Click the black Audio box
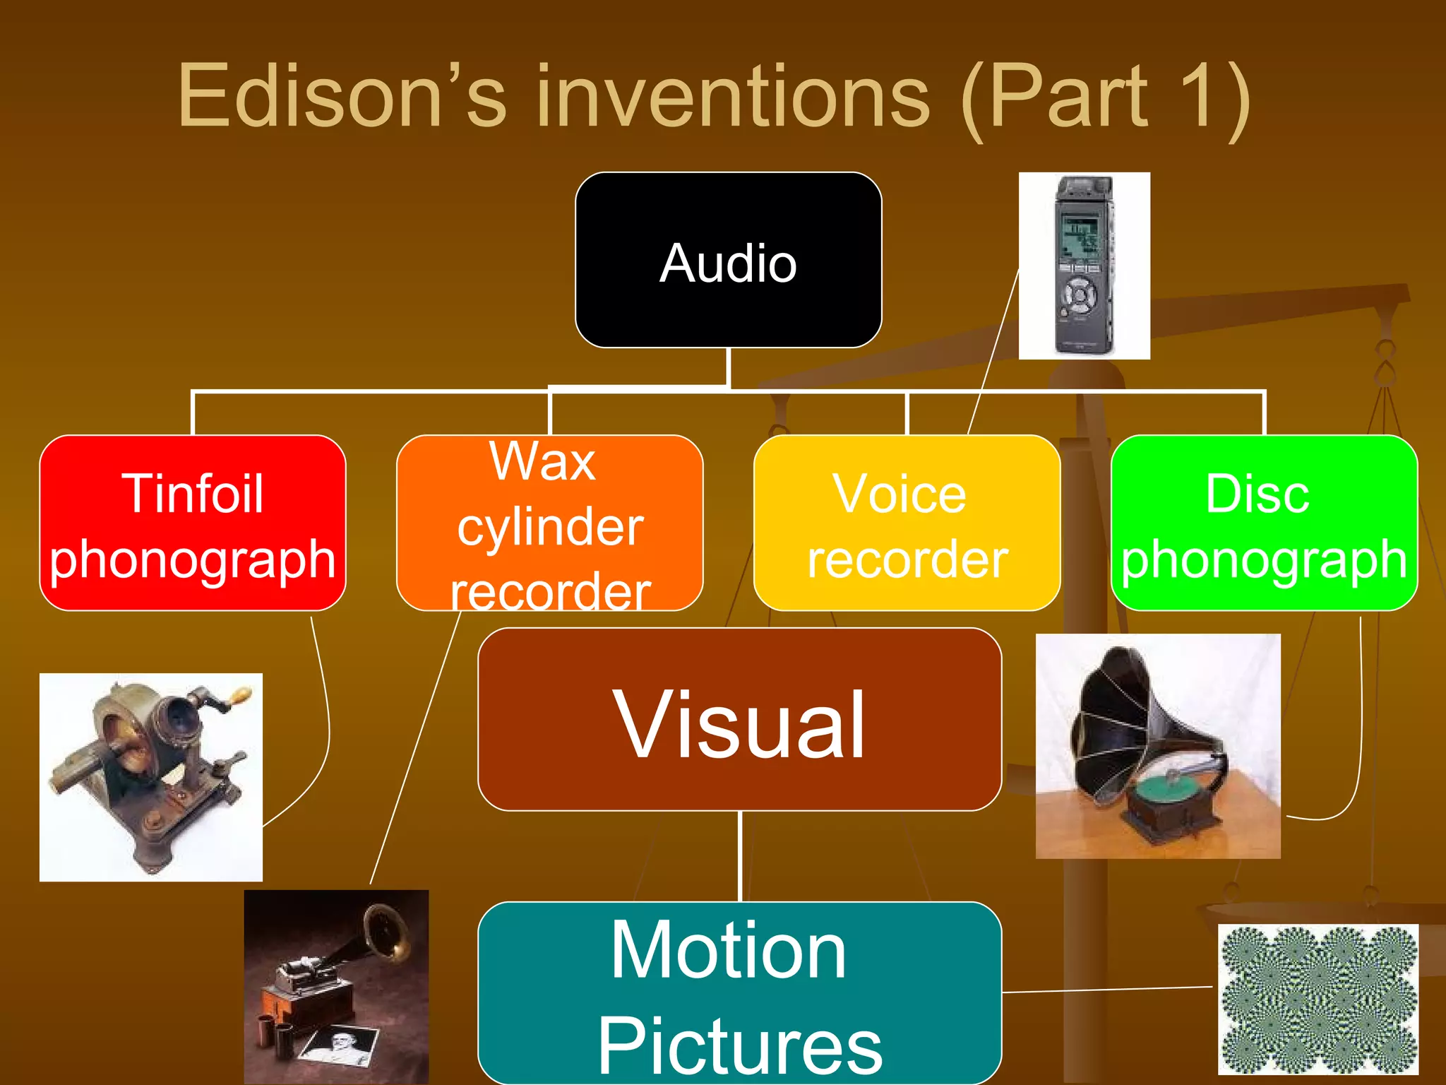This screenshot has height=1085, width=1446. (728, 261)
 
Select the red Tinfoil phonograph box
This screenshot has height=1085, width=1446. (192, 523)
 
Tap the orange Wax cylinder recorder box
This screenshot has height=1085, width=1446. (549, 523)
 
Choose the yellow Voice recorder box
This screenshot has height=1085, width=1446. (907, 523)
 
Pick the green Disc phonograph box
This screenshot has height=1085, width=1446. (1264, 523)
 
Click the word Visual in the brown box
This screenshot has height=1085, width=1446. (739, 725)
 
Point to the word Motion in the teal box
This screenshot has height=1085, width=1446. (728, 951)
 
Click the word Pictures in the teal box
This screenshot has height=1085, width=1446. (739, 1046)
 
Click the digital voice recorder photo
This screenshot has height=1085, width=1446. (1084, 266)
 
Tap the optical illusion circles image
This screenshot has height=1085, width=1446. (1317, 999)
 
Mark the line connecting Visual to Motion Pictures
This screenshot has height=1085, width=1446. (739, 855)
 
